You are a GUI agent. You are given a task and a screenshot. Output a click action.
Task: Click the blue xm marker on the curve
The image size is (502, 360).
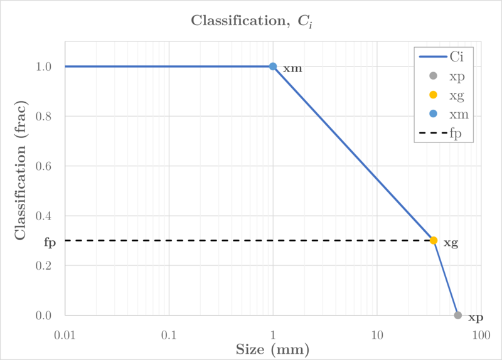click(273, 66)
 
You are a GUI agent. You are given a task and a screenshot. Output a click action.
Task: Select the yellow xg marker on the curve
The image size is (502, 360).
click(434, 240)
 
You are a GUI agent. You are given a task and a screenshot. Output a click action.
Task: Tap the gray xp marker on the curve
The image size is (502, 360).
click(458, 315)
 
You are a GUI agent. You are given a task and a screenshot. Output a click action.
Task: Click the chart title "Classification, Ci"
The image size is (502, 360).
click(251, 21)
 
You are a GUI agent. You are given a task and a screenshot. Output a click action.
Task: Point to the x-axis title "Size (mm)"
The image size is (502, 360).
click(273, 348)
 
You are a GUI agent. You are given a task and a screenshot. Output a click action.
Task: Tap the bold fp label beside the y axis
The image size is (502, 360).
click(50, 241)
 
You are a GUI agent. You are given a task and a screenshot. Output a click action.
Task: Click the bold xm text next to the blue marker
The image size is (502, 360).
click(292, 68)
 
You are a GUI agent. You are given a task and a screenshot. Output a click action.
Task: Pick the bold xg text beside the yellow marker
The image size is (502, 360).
click(451, 243)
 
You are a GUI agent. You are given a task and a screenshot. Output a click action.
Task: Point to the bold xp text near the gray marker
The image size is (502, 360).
click(476, 318)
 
